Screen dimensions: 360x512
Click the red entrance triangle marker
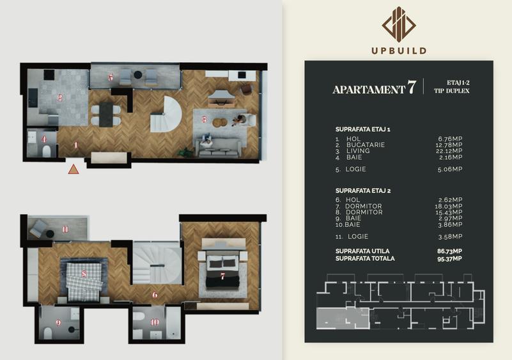coord(74,169)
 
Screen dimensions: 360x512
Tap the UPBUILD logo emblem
coord(399,25)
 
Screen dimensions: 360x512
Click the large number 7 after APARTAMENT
coord(412,88)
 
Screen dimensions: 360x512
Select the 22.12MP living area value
coord(450,151)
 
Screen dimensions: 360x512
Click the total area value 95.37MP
coord(450,258)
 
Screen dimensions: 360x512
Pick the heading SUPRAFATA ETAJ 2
coord(362,191)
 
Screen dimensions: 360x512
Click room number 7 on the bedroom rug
coord(222,276)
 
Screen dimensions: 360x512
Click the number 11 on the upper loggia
coord(65,229)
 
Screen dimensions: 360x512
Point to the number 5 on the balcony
coord(111,77)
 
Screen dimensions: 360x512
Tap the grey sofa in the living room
coord(220,148)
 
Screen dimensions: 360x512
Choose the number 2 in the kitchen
coord(59,98)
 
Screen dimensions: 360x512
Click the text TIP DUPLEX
coord(451,91)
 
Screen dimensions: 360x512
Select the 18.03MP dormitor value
coord(450,206)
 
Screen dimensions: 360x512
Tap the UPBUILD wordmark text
coord(399,51)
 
